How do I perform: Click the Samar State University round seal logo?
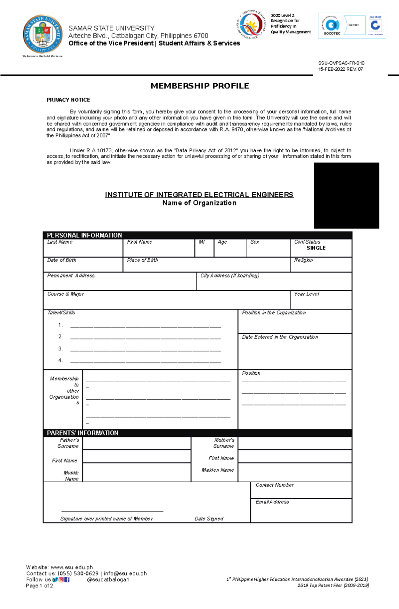[x=42, y=34]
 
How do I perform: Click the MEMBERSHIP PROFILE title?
[x=199, y=86]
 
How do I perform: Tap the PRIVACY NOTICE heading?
[x=68, y=100]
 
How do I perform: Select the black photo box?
[x=346, y=195]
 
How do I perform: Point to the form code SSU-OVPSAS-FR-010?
[x=341, y=63]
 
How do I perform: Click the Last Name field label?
[x=60, y=242]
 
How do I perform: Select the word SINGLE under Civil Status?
[x=316, y=248]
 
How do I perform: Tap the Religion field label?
[x=303, y=260]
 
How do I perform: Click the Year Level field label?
[x=306, y=294]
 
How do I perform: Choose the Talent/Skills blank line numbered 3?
[x=146, y=349]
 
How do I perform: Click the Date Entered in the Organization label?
[x=280, y=337]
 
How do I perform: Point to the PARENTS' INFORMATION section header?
[x=82, y=433]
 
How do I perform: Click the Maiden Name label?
[x=218, y=470]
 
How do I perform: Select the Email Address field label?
[x=272, y=502]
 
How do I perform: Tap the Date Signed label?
[x=209, y=519]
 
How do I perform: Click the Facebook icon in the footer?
[x=67, y=579]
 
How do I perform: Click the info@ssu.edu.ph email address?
[x=125, y=573]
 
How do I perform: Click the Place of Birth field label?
[x=142, y=260]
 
